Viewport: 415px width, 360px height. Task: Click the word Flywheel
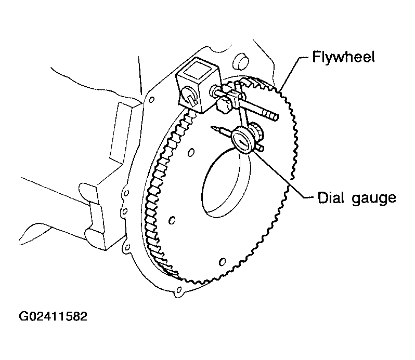click(x=343, y=57)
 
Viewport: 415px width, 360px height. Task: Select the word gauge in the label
click(x=374, y=199)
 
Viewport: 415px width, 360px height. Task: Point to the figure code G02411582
click(x=53, y=316)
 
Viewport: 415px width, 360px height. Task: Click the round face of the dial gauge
click(x=242, y=140)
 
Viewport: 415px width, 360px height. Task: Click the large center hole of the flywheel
click(x=225, y=182)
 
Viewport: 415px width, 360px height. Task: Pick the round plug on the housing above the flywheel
click(x=240, y=61)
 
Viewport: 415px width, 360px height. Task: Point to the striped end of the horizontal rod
click(x=270, y=115)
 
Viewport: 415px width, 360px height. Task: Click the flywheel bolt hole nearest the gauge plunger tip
click(x=191, y=153)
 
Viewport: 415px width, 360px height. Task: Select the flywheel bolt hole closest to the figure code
click(x=172, y=220)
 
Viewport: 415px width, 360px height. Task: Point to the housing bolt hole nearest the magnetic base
click(x=152, y=100)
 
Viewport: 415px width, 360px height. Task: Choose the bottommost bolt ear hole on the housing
click(x=179, y=290)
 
